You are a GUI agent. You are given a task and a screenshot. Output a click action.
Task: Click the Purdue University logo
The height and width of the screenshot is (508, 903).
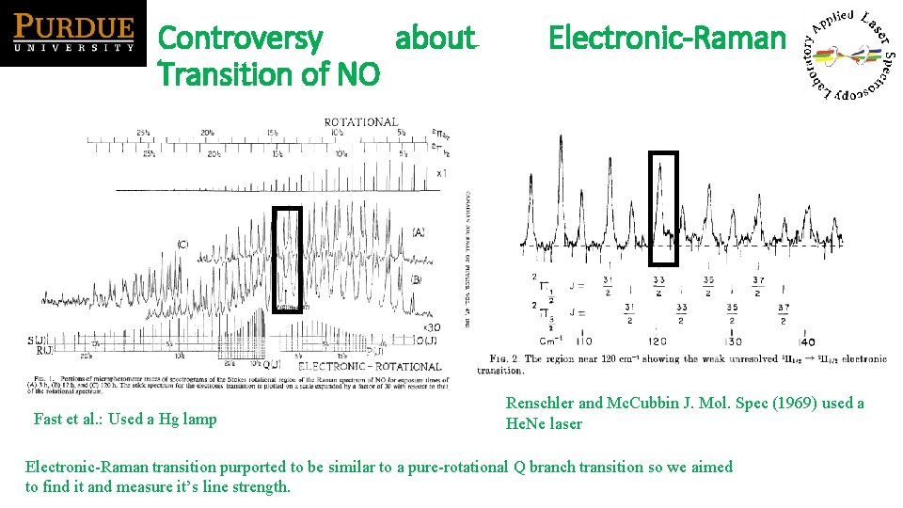coord(73,34)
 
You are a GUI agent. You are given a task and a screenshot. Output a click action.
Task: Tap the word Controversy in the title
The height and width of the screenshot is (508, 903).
coord(241,39)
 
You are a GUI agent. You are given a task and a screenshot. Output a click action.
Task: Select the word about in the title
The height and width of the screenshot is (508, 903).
coord(436,39)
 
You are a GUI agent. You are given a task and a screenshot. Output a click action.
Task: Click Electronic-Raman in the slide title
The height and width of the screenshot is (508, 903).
coord(666,39)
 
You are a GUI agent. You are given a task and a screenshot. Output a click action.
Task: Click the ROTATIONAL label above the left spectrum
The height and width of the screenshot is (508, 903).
coord(361,122)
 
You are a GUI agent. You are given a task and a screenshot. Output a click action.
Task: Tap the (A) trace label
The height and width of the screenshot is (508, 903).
coord(418,232)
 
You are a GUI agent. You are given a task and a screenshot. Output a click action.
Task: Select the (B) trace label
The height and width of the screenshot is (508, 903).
coord(416,279)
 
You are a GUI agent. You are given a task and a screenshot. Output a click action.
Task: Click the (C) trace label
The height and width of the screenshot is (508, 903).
coord(182,245)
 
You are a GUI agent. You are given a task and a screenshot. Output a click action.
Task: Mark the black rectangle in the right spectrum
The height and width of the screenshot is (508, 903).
coord(664,208)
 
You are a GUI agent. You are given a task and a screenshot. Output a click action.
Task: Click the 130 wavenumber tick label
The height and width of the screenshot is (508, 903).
coord(732,341)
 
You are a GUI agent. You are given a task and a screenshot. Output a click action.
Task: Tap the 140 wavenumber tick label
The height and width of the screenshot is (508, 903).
coord(807,341)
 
